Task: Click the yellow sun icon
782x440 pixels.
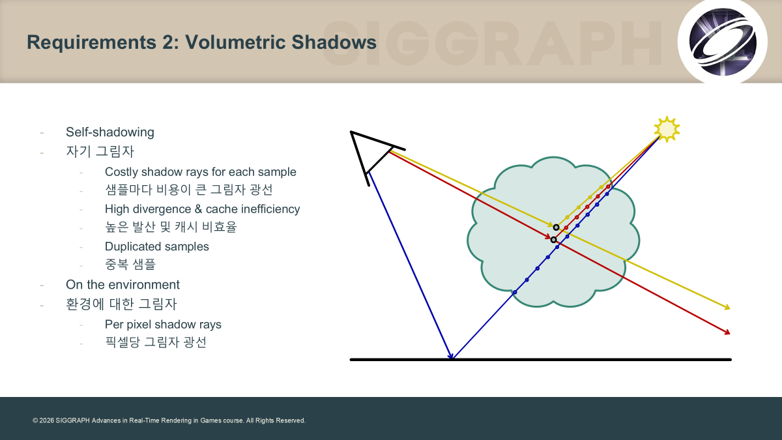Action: coord(667,129)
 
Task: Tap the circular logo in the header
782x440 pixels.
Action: coord(722,42)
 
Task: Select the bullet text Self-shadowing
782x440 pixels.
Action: coord(110,132)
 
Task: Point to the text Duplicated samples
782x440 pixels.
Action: coord(157,246)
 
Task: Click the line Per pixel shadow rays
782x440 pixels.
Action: coord(163,325)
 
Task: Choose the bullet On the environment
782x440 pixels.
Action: coord(123,285)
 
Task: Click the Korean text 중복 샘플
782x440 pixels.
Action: coord(130,264)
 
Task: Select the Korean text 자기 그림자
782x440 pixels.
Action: coord(100,151)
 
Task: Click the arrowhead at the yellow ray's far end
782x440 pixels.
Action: coord(727,307)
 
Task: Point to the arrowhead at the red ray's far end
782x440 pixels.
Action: coord(727,332)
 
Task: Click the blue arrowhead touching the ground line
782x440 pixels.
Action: coord(451,356)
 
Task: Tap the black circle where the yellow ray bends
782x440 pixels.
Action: coord(556,227)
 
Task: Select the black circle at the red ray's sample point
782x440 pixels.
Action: coord(553,240)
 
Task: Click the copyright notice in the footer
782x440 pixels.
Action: coord(169,420)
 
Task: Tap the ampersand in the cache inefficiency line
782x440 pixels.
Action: coord(198,209)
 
